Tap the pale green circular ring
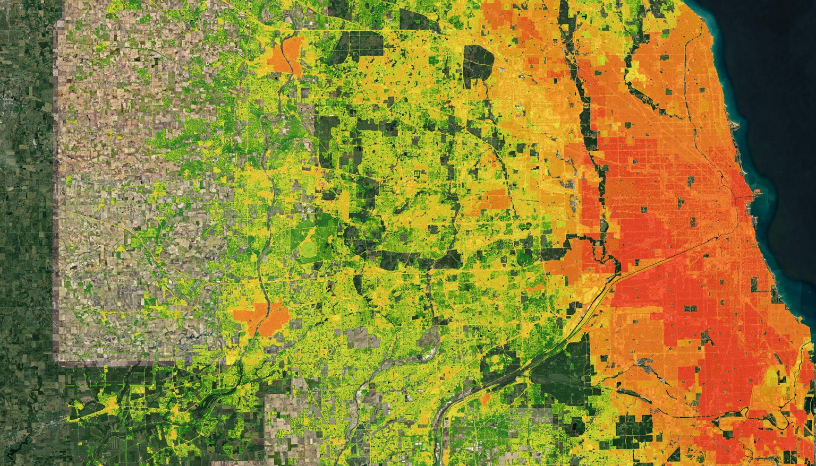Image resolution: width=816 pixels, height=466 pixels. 307,249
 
